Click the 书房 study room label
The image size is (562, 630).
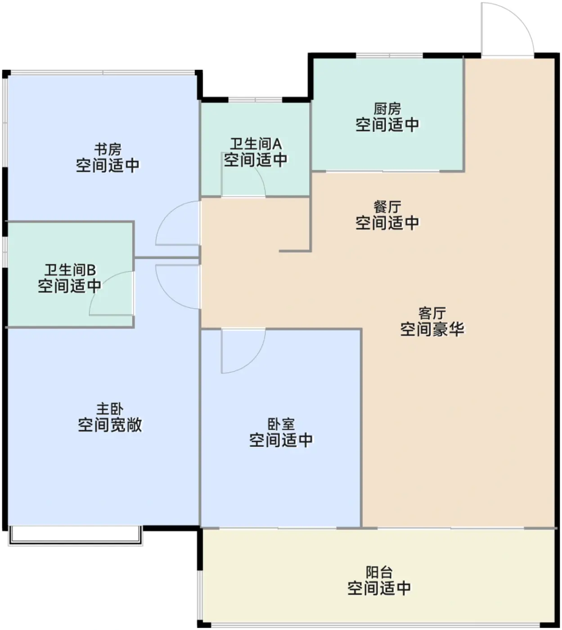(108, 149)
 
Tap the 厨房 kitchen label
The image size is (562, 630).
(387, 109)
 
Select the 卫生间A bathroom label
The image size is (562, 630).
(256, 144)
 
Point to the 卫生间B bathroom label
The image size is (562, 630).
(70, 270)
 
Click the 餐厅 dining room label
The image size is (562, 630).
(387, 207)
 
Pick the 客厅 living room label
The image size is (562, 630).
(432, 314)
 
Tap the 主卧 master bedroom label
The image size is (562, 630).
(110, 409)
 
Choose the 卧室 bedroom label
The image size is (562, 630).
(281, 424)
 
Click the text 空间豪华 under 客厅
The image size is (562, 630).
(432, 329)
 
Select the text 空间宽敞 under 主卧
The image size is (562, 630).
(110, 425)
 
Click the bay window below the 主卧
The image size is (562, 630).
(76, 535)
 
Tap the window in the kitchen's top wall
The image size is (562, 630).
(389, 56)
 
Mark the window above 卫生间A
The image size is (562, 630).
(255, 100)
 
